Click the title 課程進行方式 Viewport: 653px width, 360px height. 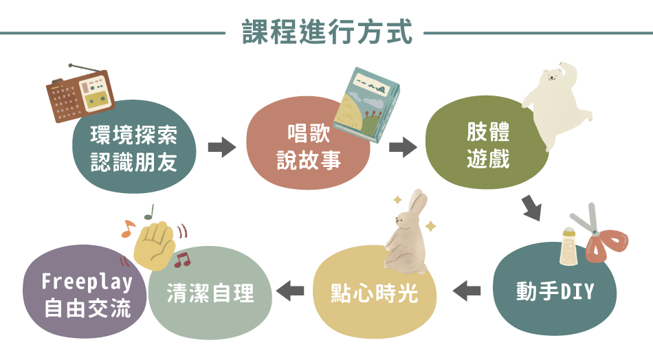click(x=327, y=32)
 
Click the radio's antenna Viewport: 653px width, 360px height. click(x=85, y=70)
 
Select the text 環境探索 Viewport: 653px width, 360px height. click(x=134, y=135)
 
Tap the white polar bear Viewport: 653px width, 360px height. click(x=557, y=103)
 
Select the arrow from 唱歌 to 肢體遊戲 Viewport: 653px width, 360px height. click(x=403, y=147)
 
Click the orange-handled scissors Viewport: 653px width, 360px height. click(x=601, y=238)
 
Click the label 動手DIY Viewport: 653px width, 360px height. click(x=555, y=291)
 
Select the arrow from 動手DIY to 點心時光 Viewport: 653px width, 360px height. click(x=467, y=291)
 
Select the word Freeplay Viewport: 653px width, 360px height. click(x=87, y=282)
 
